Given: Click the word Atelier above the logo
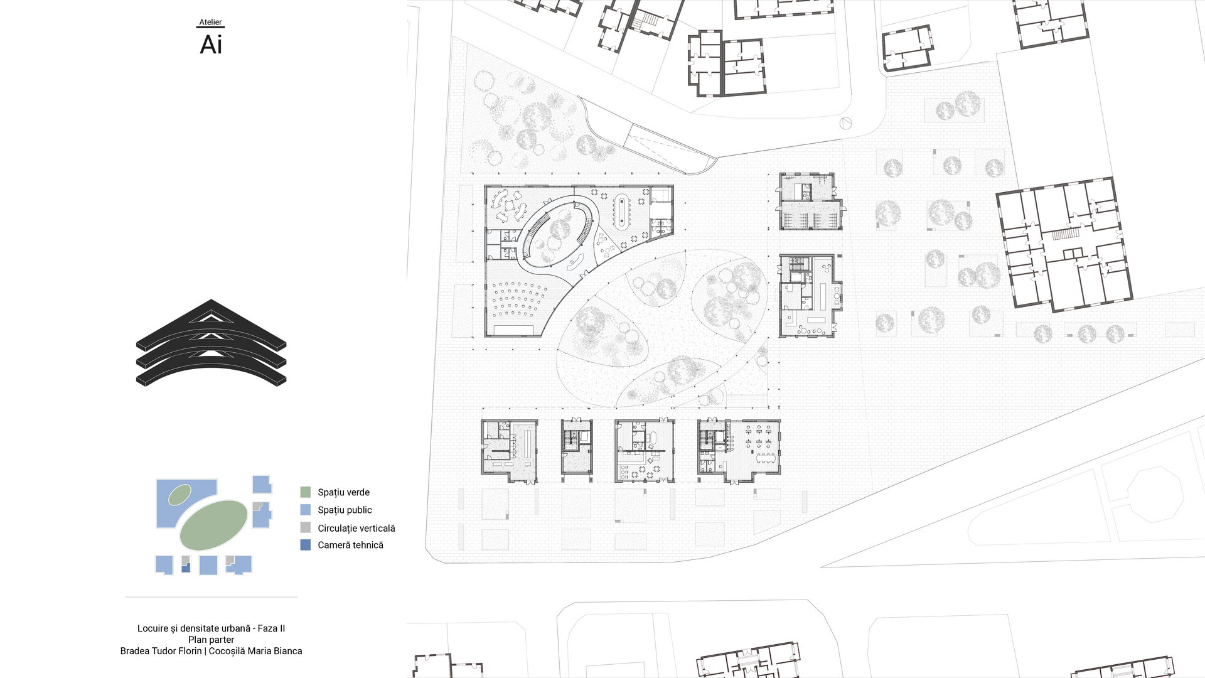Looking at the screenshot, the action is pos(210,22).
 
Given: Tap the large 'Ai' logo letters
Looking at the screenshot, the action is pos(211,45).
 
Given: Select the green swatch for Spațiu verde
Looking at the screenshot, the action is pos(306,492).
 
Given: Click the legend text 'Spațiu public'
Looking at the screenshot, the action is pos(345,510).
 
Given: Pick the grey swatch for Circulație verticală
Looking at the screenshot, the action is pos(306,528).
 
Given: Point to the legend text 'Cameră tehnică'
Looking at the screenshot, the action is pos(350,545).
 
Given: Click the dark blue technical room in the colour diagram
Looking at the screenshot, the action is pos(186,568).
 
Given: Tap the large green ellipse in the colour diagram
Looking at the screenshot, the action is pos(213,525).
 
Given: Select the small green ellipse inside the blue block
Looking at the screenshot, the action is pos(179,495).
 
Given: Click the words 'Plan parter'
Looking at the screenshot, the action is pos(211,640).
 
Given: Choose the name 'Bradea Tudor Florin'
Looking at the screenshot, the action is pos(161,651).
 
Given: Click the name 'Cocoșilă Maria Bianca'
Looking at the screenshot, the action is pos(255,651).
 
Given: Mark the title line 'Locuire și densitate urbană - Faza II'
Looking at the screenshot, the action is pos(211,628).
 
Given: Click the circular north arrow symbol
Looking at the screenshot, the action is pos(845,124).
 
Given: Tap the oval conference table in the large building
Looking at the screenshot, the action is pos(623,211).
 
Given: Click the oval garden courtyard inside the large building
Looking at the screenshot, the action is pos(556,233).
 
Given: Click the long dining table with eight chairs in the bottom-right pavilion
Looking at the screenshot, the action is pos(765,458).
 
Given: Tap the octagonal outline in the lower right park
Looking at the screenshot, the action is pos(1155,495).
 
